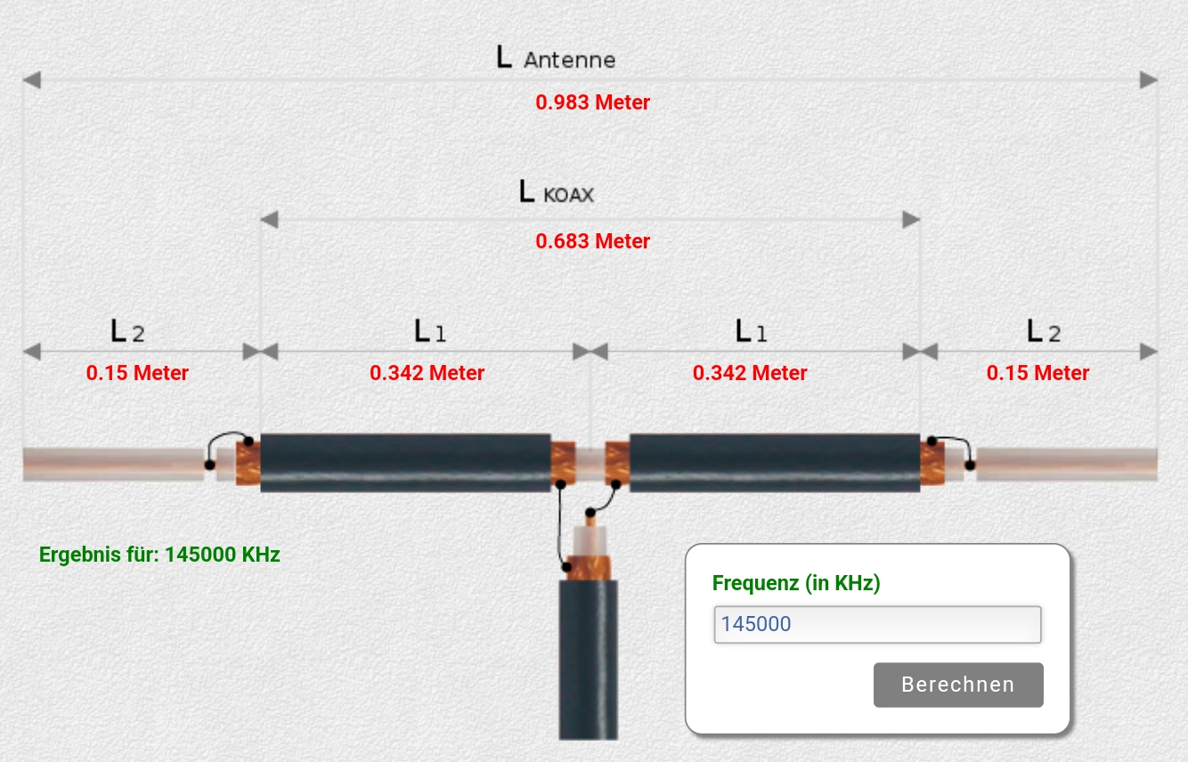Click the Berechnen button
tap(958, 685)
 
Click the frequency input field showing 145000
tap(877, 624)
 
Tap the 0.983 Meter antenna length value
tap(592, 102)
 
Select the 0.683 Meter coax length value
tap(592, 241)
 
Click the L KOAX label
tap(557, 192)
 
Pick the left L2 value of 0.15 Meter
tap(137, 373)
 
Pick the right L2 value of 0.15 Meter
tap(1037, 373)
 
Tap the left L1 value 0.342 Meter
tap(427, 373)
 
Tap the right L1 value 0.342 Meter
tap(750, 373)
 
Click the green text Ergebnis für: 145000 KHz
tap(159, 555)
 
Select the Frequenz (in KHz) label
tap(796, 583)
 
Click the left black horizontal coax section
tap(405, 463)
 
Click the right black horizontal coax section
tap(774, 463)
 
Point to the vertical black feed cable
tap(588, 660)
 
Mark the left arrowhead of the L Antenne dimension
tap(32, 80)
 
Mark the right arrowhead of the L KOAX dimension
tap(911, 220)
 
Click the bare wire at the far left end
tap(113, 465)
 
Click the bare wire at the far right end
tap(1067, 465)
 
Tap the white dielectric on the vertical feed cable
tap(590, 541)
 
